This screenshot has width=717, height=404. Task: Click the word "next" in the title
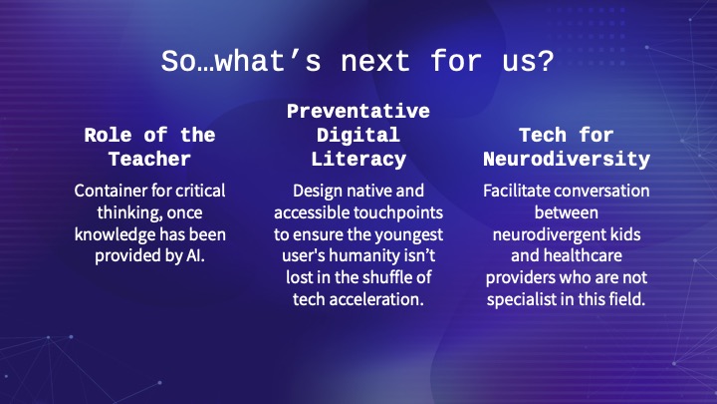[375, 62]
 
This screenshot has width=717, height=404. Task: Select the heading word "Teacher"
[149, 159]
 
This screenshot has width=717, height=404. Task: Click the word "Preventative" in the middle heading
[358, 112]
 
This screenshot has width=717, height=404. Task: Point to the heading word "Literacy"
[358, 160]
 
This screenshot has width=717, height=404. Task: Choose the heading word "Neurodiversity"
[567, 160]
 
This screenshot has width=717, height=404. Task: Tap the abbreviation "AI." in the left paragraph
[195, 255]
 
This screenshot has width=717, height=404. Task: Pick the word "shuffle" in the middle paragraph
[376, 277]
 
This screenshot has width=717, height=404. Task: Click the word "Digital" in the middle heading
[358, 136]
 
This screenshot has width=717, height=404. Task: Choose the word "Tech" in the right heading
[543, 135]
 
